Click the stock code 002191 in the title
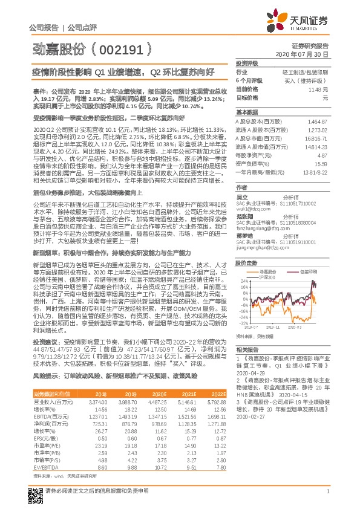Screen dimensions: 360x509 coord(112,45)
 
